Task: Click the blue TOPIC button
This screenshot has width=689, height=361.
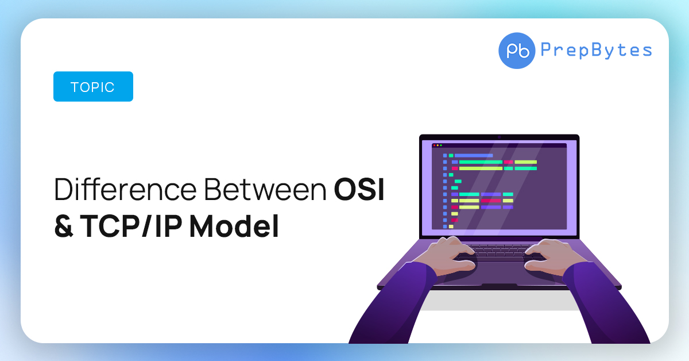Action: coord(93,87)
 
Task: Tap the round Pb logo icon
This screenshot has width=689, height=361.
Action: coord(517,51)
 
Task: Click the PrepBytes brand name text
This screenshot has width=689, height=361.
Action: coord(596,50)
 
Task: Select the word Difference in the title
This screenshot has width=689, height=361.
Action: coord(125,189)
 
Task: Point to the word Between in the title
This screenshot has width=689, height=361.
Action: coord(265,189)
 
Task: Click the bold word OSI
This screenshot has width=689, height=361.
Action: coord(359,189)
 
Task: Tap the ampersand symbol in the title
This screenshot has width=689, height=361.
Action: coord(64,226)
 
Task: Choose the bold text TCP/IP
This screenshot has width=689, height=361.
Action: coord(131,226)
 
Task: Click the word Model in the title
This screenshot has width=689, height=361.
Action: coord(234,226)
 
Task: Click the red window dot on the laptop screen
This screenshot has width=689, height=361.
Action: coord(434,145)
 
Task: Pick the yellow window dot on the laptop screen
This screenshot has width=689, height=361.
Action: coord(438,145)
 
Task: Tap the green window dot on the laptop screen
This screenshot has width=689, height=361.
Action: coord(441,145)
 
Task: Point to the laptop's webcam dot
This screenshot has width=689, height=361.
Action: coord(499,137)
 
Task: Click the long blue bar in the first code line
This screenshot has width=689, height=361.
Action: coord(474,156)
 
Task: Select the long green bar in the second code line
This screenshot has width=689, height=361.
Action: coord(481,162)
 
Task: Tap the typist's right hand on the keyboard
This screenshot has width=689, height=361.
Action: coord(553,256)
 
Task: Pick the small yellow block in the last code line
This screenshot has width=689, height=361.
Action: coord(451,226)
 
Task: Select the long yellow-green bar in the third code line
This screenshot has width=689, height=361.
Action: coord(481,168)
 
